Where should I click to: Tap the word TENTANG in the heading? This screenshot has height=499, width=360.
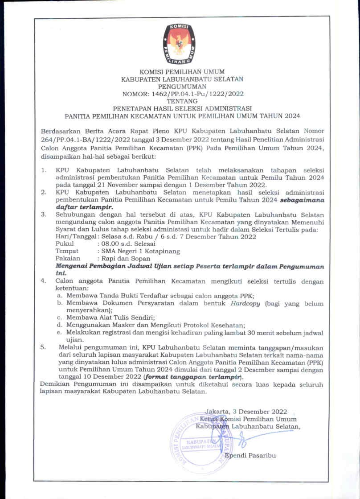[x=182, y=101]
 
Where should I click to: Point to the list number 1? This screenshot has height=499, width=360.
[x=44, y=170]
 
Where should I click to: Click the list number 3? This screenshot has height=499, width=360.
[x=44, y=214]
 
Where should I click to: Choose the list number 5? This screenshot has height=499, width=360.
[x=44, y=346]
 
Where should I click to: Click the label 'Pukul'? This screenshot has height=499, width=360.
[x=64, y=244]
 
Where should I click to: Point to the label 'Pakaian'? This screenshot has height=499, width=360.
[x=68, y=258]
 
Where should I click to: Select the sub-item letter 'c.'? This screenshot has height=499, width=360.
[x=59, y=318]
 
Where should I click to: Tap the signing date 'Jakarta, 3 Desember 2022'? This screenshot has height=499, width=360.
[x=246, y=412]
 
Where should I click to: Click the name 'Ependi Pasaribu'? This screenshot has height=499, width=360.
[x=250, y=455]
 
